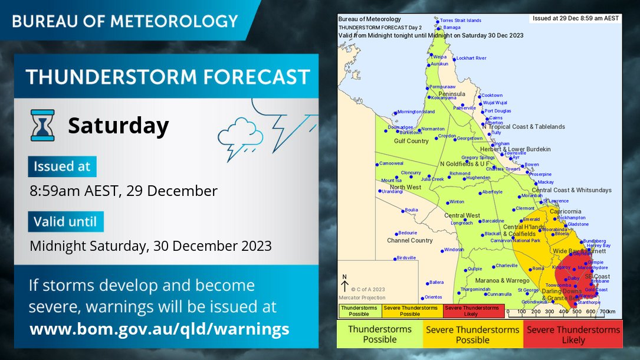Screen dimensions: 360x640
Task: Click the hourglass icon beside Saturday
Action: tap(42, 125)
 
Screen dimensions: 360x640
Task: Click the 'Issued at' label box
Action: tap(62, 166)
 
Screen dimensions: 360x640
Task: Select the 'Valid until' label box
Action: tap(65, 221)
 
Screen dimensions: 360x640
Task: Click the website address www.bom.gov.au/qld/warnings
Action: tap(159, 329)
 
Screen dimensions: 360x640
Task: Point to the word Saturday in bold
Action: tap(119, 126)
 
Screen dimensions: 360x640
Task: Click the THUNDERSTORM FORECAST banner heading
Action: tap(168, 77)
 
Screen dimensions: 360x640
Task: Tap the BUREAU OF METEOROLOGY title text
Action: tap(125, 21)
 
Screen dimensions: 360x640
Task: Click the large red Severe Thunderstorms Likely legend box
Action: tap(573, 335)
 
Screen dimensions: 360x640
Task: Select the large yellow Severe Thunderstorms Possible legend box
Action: tap(472, 335)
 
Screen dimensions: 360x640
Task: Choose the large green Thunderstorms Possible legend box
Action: tap(380, 334)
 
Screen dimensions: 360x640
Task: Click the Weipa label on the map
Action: tap(439, 57)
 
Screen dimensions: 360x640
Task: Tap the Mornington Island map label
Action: tap(416, 112)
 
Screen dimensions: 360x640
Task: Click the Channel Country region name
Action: tap(409, 241)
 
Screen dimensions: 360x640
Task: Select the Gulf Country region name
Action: tap(411, 141)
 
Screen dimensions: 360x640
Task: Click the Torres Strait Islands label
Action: tap(461, 20)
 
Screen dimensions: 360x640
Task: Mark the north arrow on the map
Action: tap(345, 285)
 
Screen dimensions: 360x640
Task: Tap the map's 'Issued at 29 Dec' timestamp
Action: tap(575, 18)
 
